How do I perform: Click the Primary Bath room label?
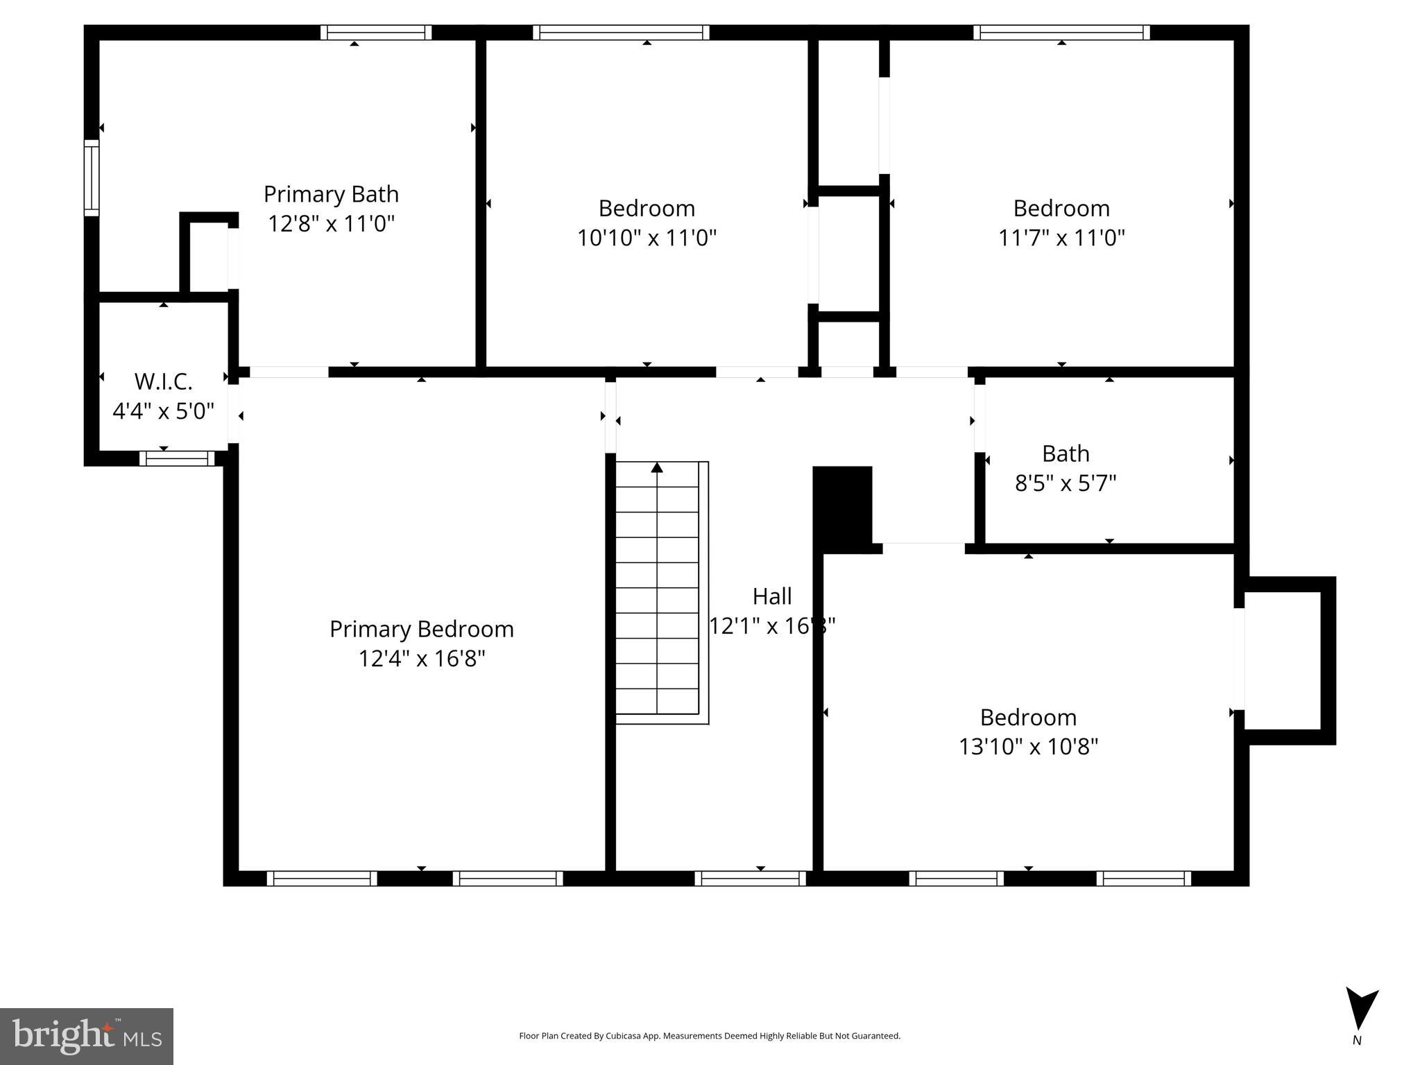[331, 193]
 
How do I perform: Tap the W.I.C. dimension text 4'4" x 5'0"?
[163, 411]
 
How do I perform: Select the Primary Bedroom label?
[421, 629]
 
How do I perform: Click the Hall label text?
[771, 596]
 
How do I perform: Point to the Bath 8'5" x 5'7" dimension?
[1065, 483]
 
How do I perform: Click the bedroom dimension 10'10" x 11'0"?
[647, 238]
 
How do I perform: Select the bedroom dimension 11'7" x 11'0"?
[1061, 238]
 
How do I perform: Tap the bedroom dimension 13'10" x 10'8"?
[1028, 747]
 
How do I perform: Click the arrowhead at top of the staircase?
[657, 468]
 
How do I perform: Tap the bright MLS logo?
[87, 1036]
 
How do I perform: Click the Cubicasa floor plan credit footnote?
[709, 1036]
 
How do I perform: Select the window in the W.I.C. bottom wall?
[177, 458]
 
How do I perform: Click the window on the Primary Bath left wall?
[92, 177]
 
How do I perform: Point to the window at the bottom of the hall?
[750, 878]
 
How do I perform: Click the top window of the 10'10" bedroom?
[621, 33]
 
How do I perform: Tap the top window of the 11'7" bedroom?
[1061, 33]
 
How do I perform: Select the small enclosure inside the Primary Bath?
[208, 257]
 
